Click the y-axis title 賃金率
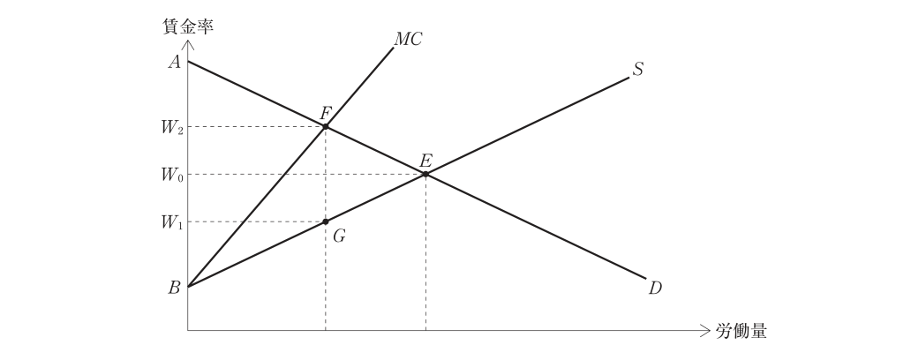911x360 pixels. pyautogui.click(x=188, y=26)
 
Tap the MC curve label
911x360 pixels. pyautogui.click(x=408, y=39)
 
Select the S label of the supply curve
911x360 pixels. pyautogui.click(x=638, y=70)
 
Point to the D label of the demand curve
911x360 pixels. pyautogui.click(x=655, y=288)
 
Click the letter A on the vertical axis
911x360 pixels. pyautogui.click(x=174, y=62)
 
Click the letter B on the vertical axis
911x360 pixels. pyautogui.click(x=174, y=288)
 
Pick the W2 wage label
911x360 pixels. pyautogui.click(x=172, y=128)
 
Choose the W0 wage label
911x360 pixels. pyautogui.click(x=172, y=176)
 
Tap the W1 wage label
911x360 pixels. pyautogui.click(x=172, y=223)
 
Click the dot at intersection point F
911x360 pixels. pyautogui.click(x=326, y=126)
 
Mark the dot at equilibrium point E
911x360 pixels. pyautogui.click(x=425, y=174)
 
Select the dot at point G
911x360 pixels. pyautogui.click(x=326, y=221)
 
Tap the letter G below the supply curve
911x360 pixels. pyautogui.click(x=339, y=236)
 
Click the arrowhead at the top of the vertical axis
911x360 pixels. pyautogui.click(x=188, y=44)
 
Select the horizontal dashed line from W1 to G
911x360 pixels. pyautogui.click(x=256, y=221)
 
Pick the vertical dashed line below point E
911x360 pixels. pyautogui.click(x=425, y=252)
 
